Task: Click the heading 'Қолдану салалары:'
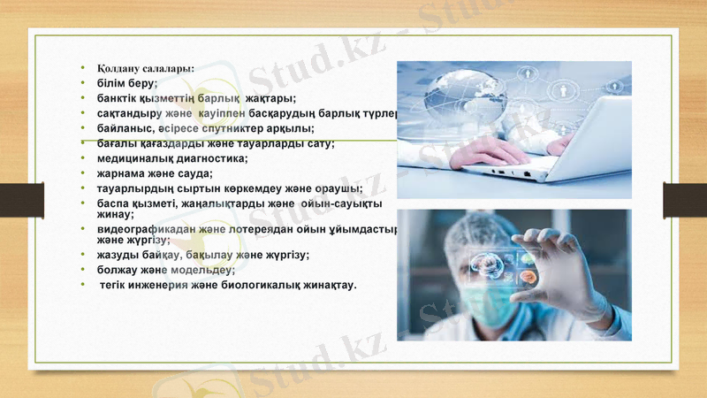(146, 67)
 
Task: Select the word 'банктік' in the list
(118, 98)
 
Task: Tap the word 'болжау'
(118, 269)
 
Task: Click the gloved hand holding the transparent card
(566, 265)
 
